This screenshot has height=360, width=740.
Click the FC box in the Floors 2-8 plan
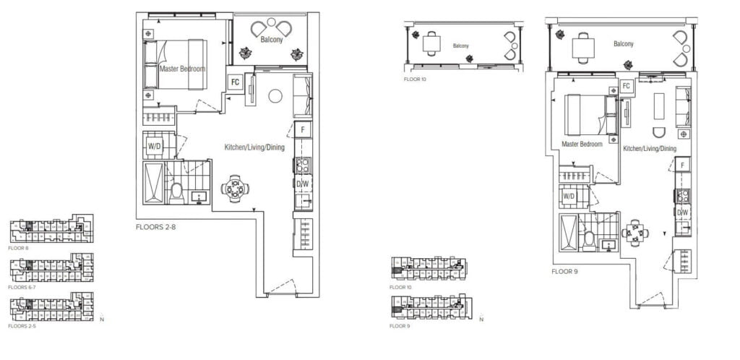[235, 82]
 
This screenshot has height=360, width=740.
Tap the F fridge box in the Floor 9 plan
[683, 166]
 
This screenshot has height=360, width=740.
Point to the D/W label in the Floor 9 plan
[683, 212]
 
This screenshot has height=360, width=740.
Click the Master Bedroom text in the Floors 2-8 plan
[182, 69]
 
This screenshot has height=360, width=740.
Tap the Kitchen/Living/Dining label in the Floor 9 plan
[650, 148]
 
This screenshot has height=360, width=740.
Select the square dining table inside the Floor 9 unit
[636, 233]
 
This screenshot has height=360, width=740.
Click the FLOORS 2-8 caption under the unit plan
[155, 227]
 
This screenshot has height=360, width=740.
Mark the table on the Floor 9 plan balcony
[584, 48]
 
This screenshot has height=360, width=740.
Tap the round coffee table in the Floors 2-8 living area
[275, 96]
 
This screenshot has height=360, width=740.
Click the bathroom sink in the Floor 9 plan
[611, 245]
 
